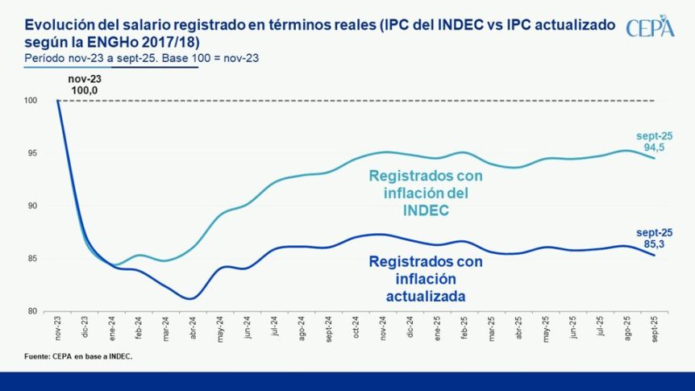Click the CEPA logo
tap(650, 26)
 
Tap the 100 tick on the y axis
tap(33, 101)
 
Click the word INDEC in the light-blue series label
tap(426, 211)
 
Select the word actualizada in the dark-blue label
tap(425, 296)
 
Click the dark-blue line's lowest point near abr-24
tap(190, 298)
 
